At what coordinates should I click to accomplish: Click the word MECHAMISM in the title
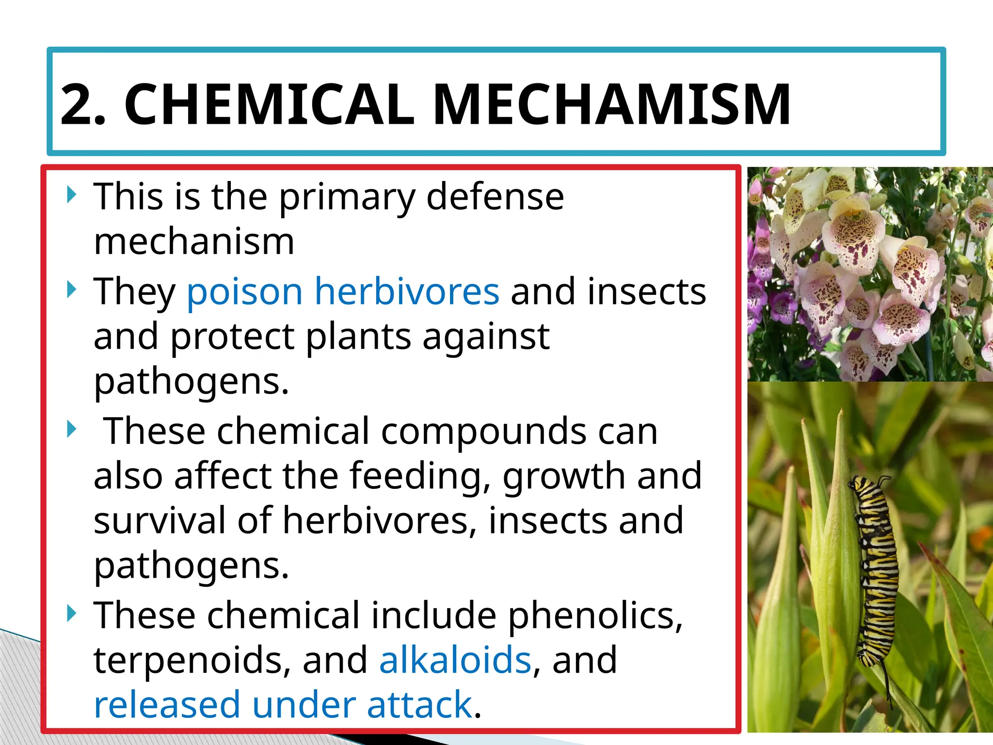pyautogui.click(x=612, y=105)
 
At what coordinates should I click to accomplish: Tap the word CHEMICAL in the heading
pyautogui.click(x=269, y=105)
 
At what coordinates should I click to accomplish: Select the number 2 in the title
pyautogui.click(x=78, y=105)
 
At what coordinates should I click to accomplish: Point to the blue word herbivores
pyautogui.click(x=407, y=291)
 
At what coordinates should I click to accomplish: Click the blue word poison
pyautogui.click(x=245, y=292)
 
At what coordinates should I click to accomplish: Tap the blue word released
pyautogui.click(x=167, y=704)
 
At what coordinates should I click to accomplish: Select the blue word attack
pyautogui.click(x=419, y=704)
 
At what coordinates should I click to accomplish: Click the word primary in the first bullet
pyautogui.click(x=347, y=197)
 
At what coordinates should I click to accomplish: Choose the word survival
pyautogui.click(x=160, y=520)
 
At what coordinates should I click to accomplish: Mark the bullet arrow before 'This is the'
pyautogui.click(x=72, y=195)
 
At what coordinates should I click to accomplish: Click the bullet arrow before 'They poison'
pyautogui.click(x=72, y=290)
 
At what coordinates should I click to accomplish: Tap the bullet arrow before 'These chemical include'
pyautogui.click(x=72, y=614)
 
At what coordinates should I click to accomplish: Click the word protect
pyautogui.click(x=232, y=337)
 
